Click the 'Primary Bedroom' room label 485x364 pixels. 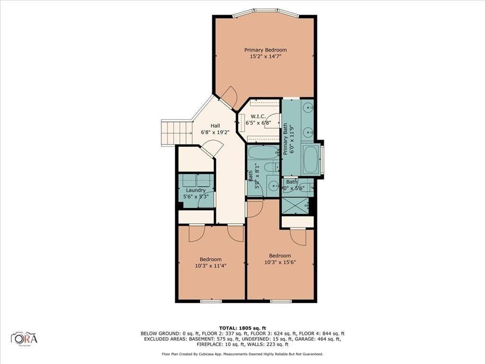[x=265, y=50]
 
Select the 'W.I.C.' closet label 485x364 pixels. [x=258, y=116]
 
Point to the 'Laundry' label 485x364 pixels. [x=195, y=190]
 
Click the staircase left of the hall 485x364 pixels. [x=176, y=132]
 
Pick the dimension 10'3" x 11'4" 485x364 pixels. [x=210, y=266]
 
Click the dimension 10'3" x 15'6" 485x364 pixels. [x=280, y=263]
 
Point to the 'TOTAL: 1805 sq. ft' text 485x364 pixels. [x=242, y=328]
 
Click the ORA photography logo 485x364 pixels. [x=24, y=338]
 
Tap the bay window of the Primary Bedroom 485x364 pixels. [x=265, y=11]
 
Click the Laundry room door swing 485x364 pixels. [x=207, y=200]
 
